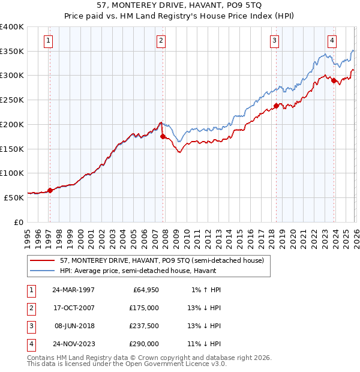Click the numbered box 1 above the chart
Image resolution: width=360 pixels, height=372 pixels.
pyautogui.click(x=48, y=41)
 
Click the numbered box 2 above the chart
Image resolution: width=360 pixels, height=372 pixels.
pyautogui.click(x=161, y=41)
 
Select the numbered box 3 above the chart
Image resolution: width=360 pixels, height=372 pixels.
pyautogui.click(x=274, y=41)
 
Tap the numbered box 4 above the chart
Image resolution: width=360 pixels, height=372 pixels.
pyautogui.click(x=332, y=41)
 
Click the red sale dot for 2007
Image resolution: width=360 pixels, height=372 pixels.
pyautogui.click(x=163, y=136)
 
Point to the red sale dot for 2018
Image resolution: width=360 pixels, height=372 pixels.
pyautogui.click(x=275, y=106)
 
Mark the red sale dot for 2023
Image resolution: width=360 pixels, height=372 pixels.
pyautogui.click(x=333, y=81)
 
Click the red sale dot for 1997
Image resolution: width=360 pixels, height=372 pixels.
pyautogui.click(x=50, y=190)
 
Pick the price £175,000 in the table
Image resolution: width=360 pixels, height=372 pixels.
pyautogui.click(x=144, y=308)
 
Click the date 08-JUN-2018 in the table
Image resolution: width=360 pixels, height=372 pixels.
pyautogui.click(x=73, y=326)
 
